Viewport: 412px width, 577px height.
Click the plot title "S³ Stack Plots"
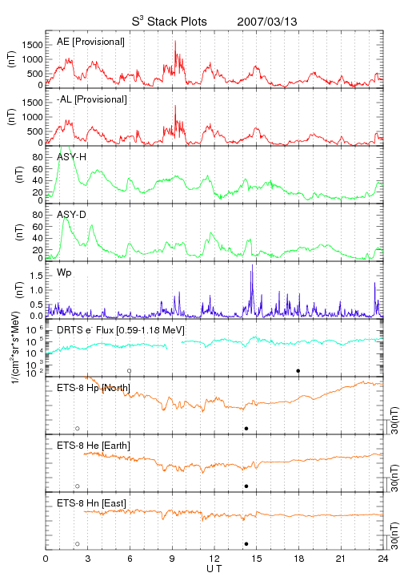tap(170, 22)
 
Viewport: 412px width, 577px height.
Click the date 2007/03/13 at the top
tap(267, 22)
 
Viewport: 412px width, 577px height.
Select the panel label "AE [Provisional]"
tap(90, 42)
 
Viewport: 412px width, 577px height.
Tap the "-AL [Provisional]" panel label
tap(92, 99)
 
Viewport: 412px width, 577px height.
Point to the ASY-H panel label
tap(72, 157)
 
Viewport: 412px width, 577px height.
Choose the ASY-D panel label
tap(72, 215)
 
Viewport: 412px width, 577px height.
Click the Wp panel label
tap(64, 273)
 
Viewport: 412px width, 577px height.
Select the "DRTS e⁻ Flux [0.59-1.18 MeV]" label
tap(121, 330)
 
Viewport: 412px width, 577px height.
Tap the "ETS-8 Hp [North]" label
tap(94, 388)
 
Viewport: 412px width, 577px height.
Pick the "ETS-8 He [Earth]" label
tap(94, 446)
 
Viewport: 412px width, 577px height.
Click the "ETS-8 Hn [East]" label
tap(91, 503)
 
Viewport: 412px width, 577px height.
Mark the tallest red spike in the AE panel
tap(175, 42)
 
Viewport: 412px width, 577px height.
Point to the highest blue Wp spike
tap(252, 265)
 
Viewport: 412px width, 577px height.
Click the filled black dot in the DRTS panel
tap(298, 370)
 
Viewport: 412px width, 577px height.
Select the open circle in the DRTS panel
tap(130, 370)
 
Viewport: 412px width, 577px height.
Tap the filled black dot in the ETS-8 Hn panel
tap(246, 544)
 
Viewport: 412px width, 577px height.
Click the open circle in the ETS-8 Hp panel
tap(78, 428)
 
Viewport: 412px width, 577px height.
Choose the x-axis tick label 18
tap(299, 559)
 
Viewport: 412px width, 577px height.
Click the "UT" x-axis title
tap(214, 569)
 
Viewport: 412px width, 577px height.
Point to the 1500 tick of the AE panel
tap(32, 45)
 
